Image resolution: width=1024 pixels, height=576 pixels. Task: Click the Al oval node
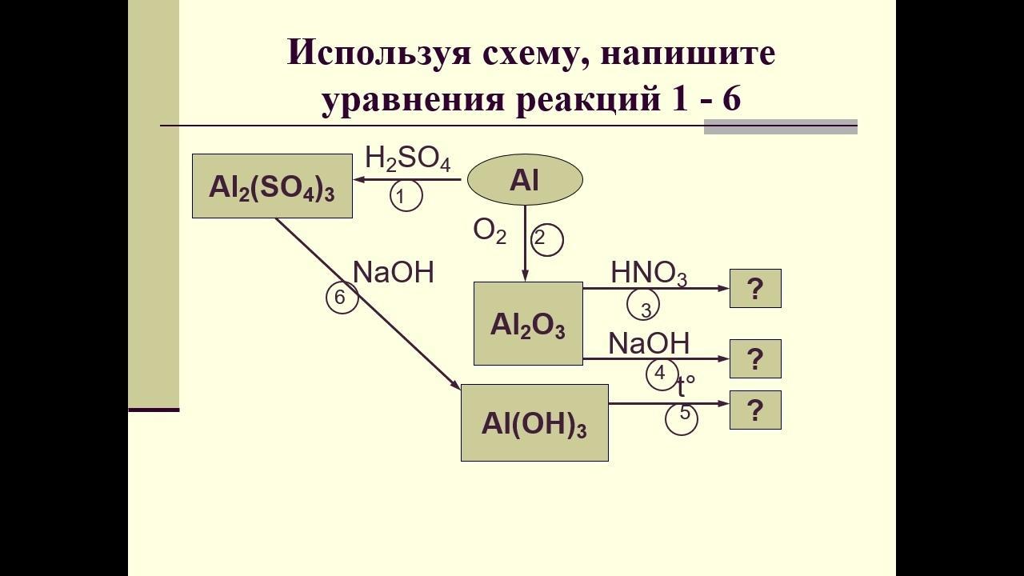[525, 179]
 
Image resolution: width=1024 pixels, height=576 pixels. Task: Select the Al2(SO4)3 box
[272, 186]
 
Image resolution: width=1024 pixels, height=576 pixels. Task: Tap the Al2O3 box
[528, 324]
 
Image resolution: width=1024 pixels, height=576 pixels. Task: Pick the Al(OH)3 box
[534, 423]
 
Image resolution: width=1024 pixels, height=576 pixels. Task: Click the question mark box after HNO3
[755, 289]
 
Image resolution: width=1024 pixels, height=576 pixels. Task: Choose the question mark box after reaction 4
[755, 359]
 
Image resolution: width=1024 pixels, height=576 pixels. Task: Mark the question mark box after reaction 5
[755, 410]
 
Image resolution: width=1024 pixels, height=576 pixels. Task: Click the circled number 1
[406, 195]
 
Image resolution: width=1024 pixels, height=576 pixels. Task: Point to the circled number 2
[546, 239]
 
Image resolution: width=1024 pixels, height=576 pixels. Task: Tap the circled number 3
[643, 304]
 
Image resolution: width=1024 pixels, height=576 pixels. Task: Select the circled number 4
[662, 374]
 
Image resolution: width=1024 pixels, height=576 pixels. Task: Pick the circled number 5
[682, 418]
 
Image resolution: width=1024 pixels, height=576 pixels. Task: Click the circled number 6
[342, 297]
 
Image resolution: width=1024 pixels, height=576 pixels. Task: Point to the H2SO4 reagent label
[408, 159]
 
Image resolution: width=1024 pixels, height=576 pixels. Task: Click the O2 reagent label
[490, 231]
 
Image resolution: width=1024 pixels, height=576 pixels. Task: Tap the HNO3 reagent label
[649, 274]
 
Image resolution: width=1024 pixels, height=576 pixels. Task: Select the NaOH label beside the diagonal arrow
[393, 273]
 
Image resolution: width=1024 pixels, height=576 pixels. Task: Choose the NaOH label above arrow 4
[649, 343]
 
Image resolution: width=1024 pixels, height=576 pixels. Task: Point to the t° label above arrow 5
[686, 386]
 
